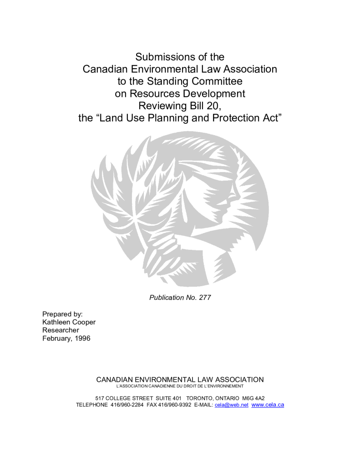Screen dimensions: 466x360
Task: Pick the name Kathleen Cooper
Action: [69, 322]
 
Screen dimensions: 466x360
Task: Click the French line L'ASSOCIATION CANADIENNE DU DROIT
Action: [180, 386]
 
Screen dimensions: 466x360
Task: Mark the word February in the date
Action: [56, 338]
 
